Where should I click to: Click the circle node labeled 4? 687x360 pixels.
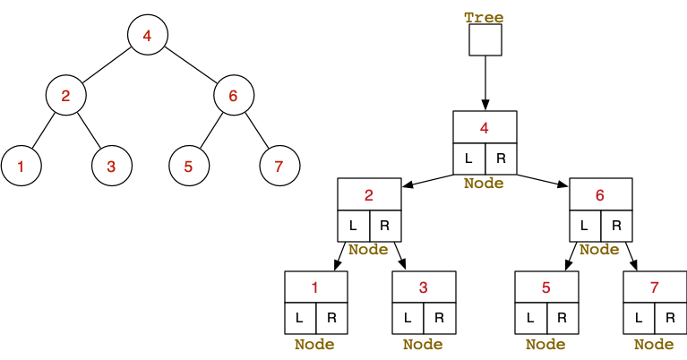(148, 36)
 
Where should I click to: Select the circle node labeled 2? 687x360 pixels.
(66, 96)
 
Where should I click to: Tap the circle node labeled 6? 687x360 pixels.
(233, 96)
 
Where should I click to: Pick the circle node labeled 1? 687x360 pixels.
(21, 166)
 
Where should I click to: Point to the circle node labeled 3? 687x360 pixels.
(111, 166)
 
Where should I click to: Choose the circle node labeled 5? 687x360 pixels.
(188, 166)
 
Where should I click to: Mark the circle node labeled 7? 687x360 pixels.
(279, 166)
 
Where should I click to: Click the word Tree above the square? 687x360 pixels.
(484, 17)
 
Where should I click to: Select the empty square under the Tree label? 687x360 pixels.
(485, 40)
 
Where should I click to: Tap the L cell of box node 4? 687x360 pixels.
(468, 159)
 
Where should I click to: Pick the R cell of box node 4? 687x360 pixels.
(501, 159)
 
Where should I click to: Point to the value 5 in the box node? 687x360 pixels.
(546, 287)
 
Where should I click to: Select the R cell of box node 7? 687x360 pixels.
(670, 317)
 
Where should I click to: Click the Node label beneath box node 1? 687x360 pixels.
(314, 344)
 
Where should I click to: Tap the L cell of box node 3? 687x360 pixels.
(408, 317)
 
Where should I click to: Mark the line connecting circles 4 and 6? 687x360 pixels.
(191, 66)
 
